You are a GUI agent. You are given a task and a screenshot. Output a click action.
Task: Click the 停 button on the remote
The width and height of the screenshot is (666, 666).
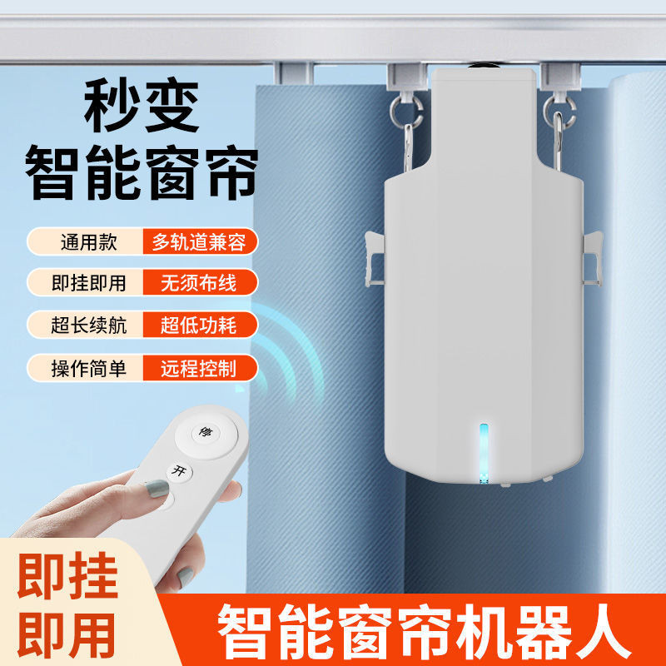coord(202,433)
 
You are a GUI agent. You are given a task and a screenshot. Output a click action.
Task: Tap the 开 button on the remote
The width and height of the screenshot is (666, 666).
coord(176,471)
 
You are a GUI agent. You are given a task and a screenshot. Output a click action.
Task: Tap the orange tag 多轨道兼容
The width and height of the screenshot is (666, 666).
coord(199,242)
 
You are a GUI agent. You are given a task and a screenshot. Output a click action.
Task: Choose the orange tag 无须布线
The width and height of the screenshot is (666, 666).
coord(199,283)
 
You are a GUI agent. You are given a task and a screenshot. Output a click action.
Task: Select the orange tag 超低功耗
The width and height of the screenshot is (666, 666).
coord(199,325)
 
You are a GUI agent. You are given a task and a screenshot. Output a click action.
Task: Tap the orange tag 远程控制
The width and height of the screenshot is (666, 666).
coord(199,367)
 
